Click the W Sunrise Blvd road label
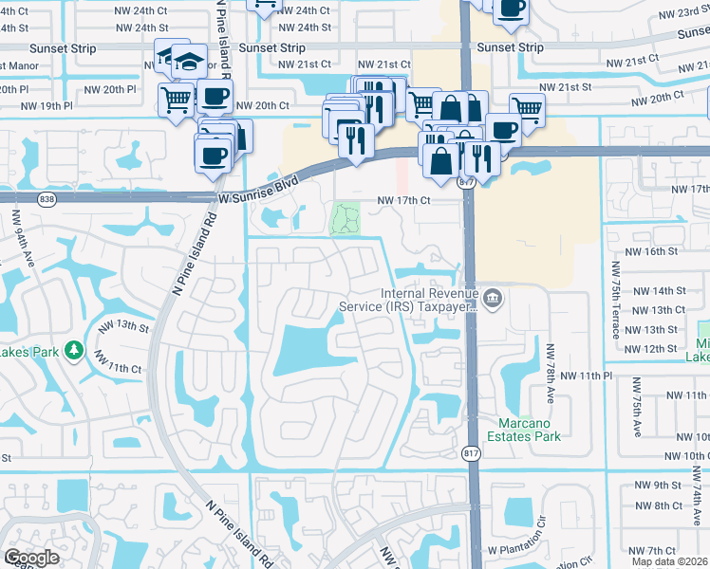[x=259, y=187]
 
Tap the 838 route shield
[x=47, y=199]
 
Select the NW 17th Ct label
[x=404, y=201]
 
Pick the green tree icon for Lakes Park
[x=74, y=351]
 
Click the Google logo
[x=31, y=558]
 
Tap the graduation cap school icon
[x=189, y=62]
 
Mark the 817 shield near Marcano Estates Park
[x=471, y=454]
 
